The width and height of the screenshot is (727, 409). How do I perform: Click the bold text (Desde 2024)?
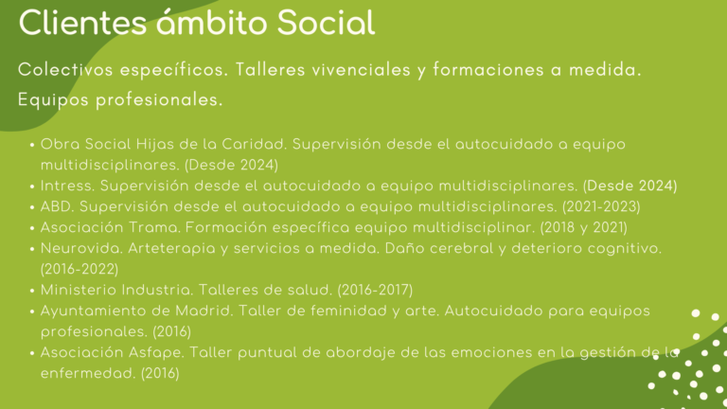click(629, 186)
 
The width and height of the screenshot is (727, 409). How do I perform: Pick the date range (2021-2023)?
click(601, 206)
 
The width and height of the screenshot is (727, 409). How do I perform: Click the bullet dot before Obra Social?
click(33, 146)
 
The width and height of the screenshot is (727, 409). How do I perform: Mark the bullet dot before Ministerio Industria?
click(33, 291)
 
